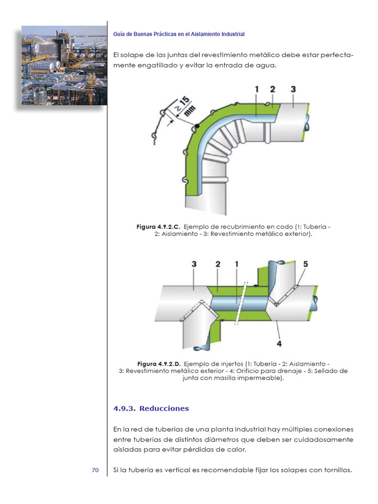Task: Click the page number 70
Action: (95, 470)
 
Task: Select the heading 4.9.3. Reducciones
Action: (151, 409)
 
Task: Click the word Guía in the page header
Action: (119, 34)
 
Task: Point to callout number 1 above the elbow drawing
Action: (256, 90)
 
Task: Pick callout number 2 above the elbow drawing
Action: (272, 90)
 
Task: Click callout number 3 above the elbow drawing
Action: (293, 90)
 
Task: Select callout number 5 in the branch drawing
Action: (305, 264)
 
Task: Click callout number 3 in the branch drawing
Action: (194, 264)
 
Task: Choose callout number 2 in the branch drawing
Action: (218, 264)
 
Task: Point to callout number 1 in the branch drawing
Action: (236, 264)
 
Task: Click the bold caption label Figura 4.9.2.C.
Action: (158, 226)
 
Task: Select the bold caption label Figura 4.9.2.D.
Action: (158, 364)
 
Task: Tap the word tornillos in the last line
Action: (336, 470)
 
